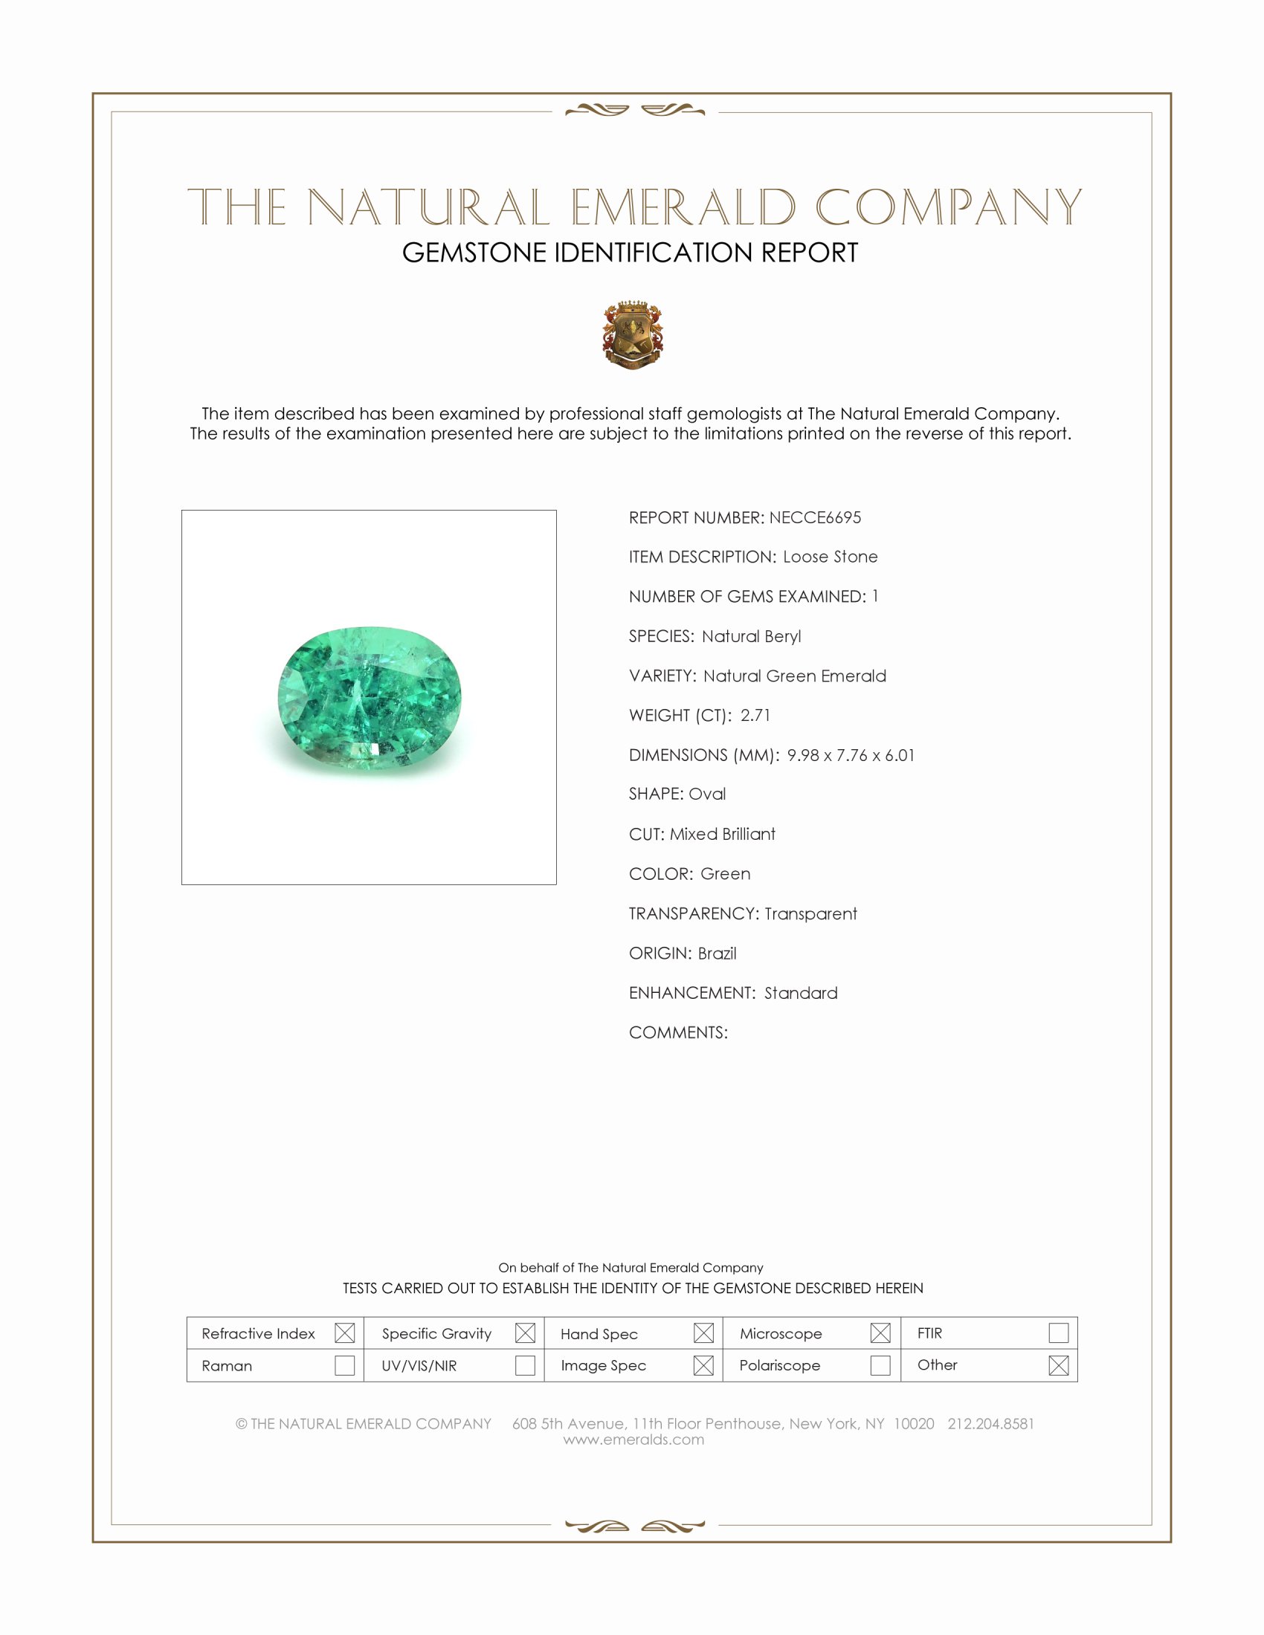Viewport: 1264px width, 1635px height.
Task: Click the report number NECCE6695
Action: (x=815, y=517)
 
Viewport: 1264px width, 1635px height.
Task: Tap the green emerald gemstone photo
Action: (x=370, y=697)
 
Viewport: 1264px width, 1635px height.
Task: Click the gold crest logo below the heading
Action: (x=633, y=334)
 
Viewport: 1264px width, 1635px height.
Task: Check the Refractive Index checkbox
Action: (x=344, y=1333)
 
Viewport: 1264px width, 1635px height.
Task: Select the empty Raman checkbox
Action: (x=344, y=1364)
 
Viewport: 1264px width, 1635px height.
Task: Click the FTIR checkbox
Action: (x=1058, y=1333)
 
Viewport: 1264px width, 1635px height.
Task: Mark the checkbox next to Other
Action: (x=1058, y=1364)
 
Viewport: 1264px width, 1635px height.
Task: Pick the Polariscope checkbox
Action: (x=880, y=1364)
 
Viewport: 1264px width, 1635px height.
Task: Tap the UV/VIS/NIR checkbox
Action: (x=525, y=1364)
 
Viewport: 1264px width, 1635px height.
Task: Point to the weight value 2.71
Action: (x=755, y=715)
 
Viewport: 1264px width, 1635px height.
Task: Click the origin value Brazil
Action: (x=717, y=953)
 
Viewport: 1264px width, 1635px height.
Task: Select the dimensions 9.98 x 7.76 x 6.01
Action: (x=851, y=754)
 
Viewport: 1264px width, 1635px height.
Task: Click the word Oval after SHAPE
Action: (x=707, y=794)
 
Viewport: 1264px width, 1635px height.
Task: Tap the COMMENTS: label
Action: (x=677, y=1032)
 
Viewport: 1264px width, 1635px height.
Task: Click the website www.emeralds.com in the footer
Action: (x=633, y=1439)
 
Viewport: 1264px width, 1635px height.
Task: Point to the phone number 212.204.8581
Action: (x=990, y=1423)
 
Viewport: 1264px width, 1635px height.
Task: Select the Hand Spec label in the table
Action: (x=599, y=1333)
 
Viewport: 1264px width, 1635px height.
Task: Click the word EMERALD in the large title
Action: (x=683, y=207)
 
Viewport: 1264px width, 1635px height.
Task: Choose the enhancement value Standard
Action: (x=801, y=993)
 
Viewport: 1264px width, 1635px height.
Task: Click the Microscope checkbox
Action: (x=880, y=1333)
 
